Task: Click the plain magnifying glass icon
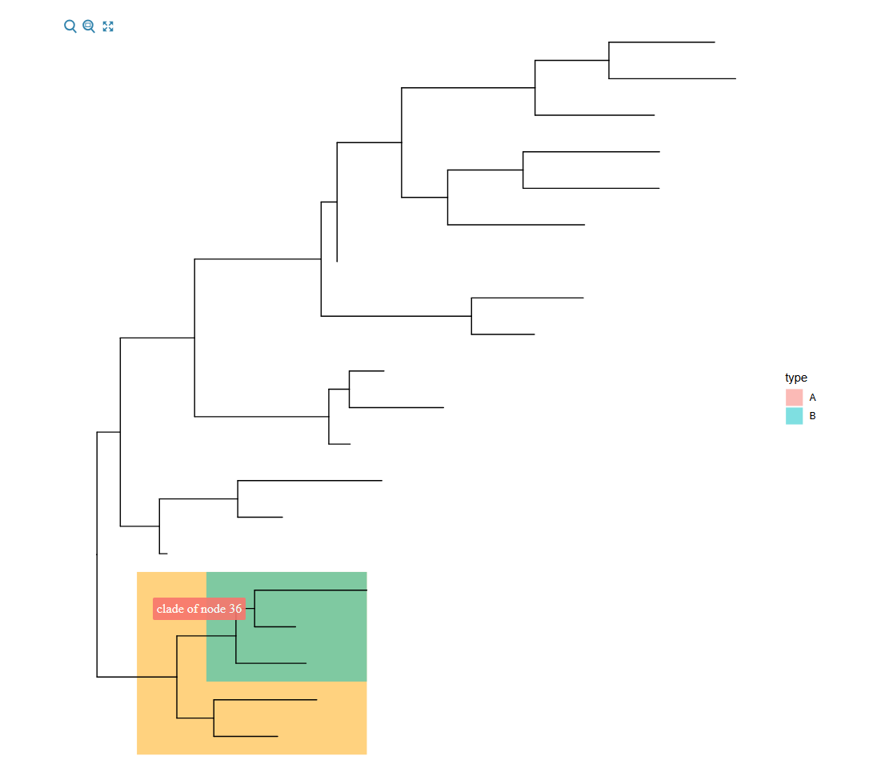point(70,26)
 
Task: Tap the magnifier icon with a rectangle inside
point(89,26)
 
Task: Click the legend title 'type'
point(796,378)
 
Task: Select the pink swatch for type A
point(794,397)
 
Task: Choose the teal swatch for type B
point(794,416)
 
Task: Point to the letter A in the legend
point(812,398)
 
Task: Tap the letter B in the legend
point(812,416)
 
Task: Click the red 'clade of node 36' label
point(199,609)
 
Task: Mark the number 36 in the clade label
point(235,609)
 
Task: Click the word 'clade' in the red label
point(170,609)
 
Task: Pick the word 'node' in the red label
point(213,609)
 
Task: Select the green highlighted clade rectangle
point(286,626)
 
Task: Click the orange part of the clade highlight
point(251,718)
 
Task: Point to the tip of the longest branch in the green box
point(367,590)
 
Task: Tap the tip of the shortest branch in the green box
point(296,627)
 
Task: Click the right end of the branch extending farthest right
point(736,78)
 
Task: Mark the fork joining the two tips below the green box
point(214,718)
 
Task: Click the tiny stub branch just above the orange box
point(163,554)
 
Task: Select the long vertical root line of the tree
point(97,554)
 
